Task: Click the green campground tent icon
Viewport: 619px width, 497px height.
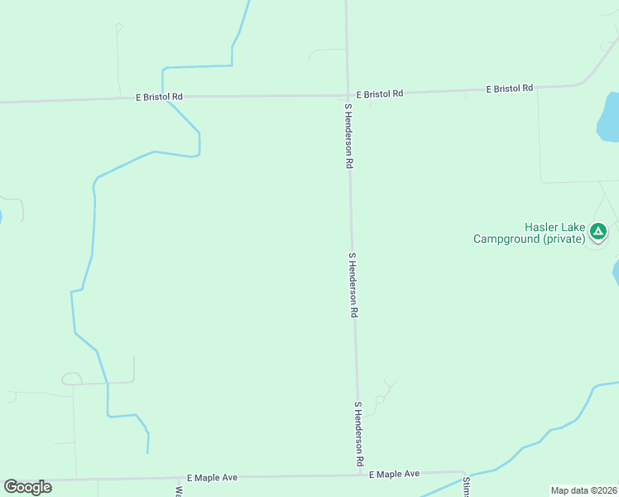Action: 599,231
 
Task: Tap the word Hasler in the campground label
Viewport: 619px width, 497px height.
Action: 542,228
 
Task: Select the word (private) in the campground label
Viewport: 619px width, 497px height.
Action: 564,239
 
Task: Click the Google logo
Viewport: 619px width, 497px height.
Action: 27,487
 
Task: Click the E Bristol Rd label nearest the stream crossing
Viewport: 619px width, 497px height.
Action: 159,97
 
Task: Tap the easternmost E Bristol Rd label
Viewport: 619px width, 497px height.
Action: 510,88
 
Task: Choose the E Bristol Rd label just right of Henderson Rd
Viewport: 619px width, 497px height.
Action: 379,94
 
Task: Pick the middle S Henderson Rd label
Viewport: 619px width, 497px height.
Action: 353,286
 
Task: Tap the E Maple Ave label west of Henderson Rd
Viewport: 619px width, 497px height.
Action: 213,478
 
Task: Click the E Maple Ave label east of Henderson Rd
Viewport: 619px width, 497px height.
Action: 394,474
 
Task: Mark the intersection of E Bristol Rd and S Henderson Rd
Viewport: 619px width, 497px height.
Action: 348,95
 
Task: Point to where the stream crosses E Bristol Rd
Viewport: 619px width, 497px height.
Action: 163,97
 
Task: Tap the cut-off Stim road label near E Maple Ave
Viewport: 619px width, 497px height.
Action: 466,487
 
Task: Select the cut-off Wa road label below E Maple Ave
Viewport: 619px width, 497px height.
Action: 179,490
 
